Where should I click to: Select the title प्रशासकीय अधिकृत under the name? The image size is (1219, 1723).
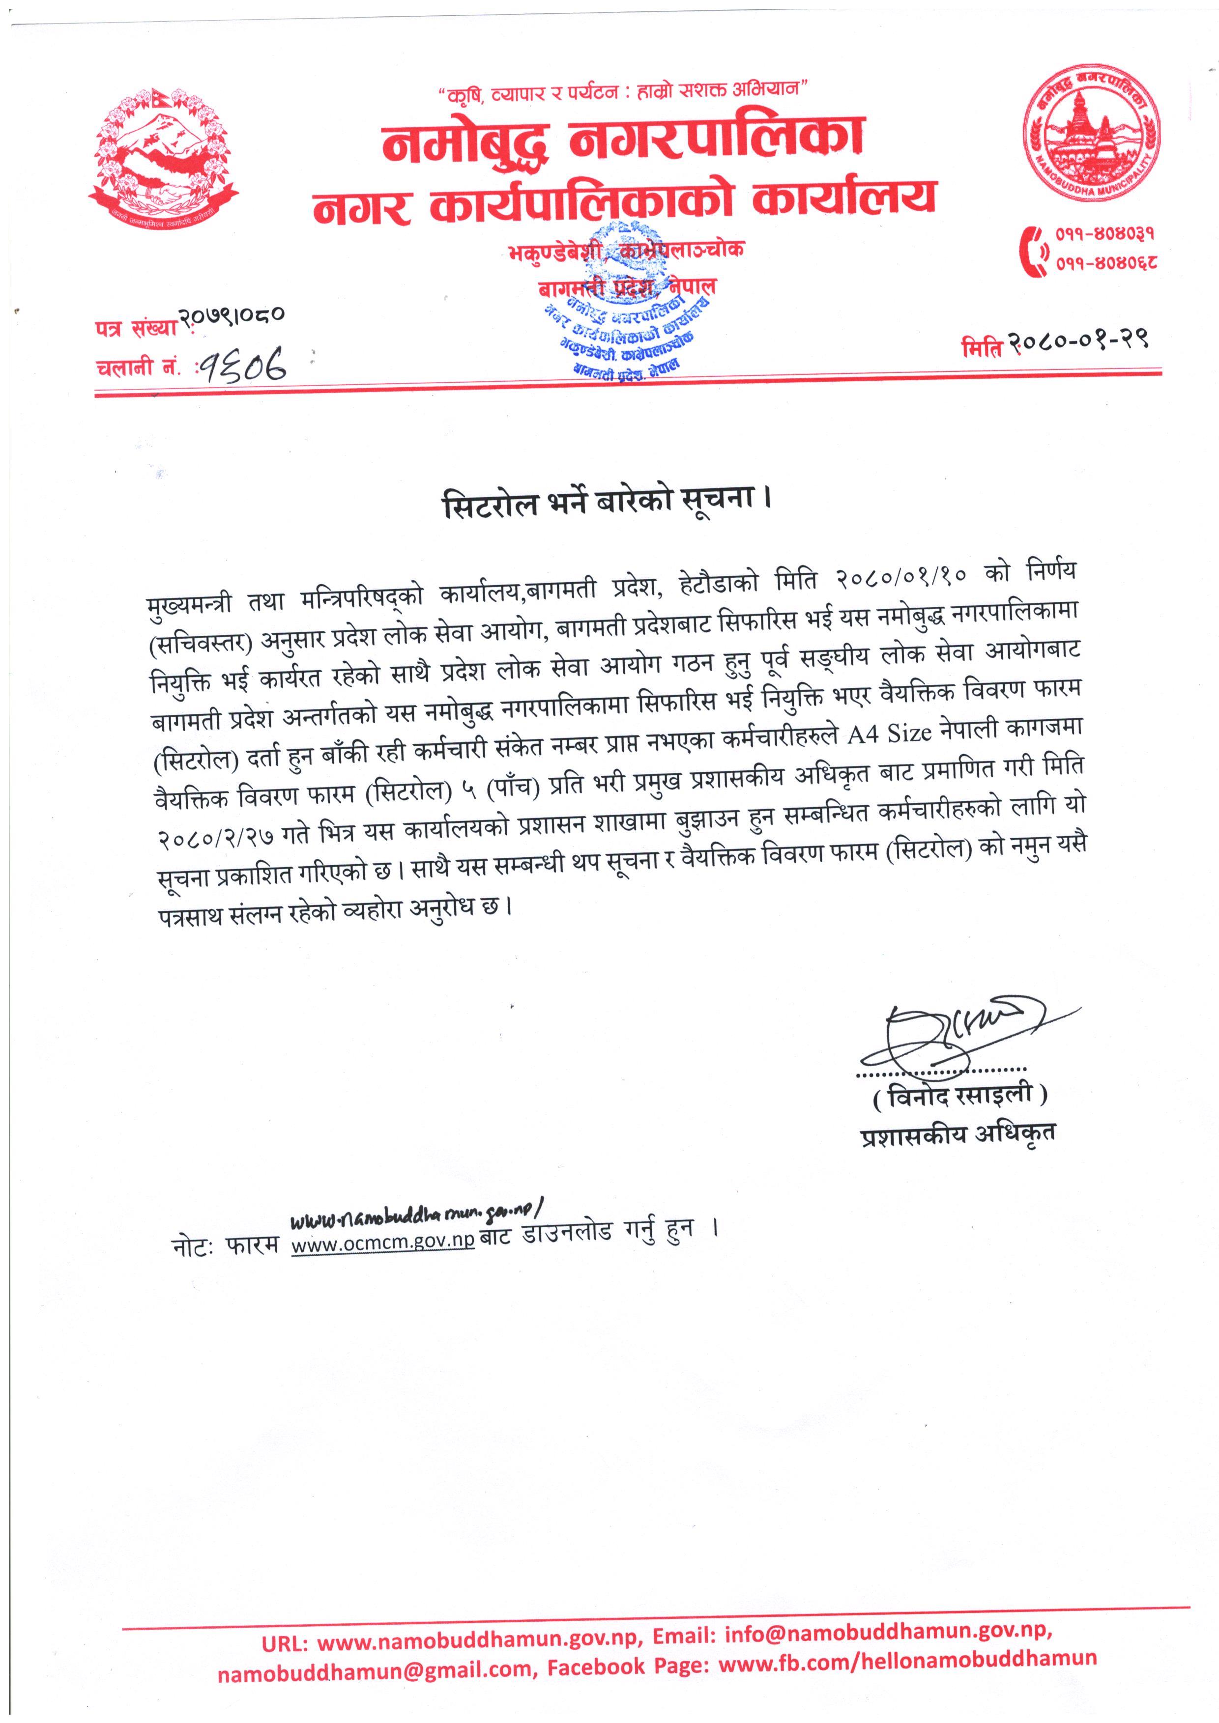click(x=958, y=1134)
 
